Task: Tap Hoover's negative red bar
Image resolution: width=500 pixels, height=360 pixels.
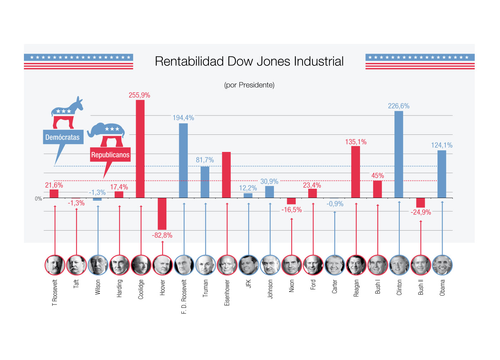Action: (162, 214)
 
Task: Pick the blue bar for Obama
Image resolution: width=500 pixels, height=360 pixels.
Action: (442, 174)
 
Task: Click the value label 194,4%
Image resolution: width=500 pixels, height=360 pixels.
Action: (183, 118)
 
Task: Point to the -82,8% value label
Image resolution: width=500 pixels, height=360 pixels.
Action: (162, 235)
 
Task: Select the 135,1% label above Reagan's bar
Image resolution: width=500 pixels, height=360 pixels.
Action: (356, 142)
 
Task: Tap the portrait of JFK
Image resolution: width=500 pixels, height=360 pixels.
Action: (249, 265)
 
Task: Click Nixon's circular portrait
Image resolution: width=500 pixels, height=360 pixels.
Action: (291, 265)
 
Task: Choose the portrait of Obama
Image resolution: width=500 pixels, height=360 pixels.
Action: (442, 265)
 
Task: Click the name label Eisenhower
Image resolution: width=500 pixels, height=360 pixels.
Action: (227, 293)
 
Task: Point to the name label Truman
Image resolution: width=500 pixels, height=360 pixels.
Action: (205, 288)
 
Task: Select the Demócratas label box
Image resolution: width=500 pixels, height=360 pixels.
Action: (63, 137)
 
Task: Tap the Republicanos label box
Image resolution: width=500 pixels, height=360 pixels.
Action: (110, 155)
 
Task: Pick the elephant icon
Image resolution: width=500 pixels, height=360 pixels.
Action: (107, 134)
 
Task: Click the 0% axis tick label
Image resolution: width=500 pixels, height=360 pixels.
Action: (39, 199)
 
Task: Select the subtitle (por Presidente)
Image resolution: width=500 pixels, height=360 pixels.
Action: (249, 85)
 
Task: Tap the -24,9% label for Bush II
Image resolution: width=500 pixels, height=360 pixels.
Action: (421, 212)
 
